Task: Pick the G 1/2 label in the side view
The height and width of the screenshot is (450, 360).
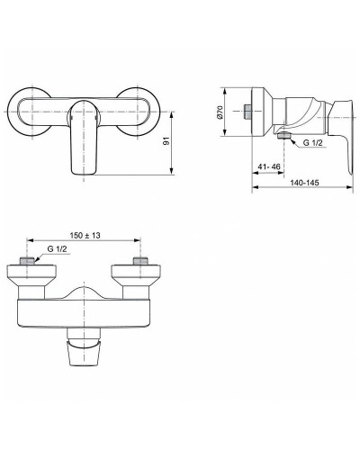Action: pyautogui.click(x=312, y=142)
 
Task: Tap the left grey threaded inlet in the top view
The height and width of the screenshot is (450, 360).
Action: pyautogui.click(x=29, y=262)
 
